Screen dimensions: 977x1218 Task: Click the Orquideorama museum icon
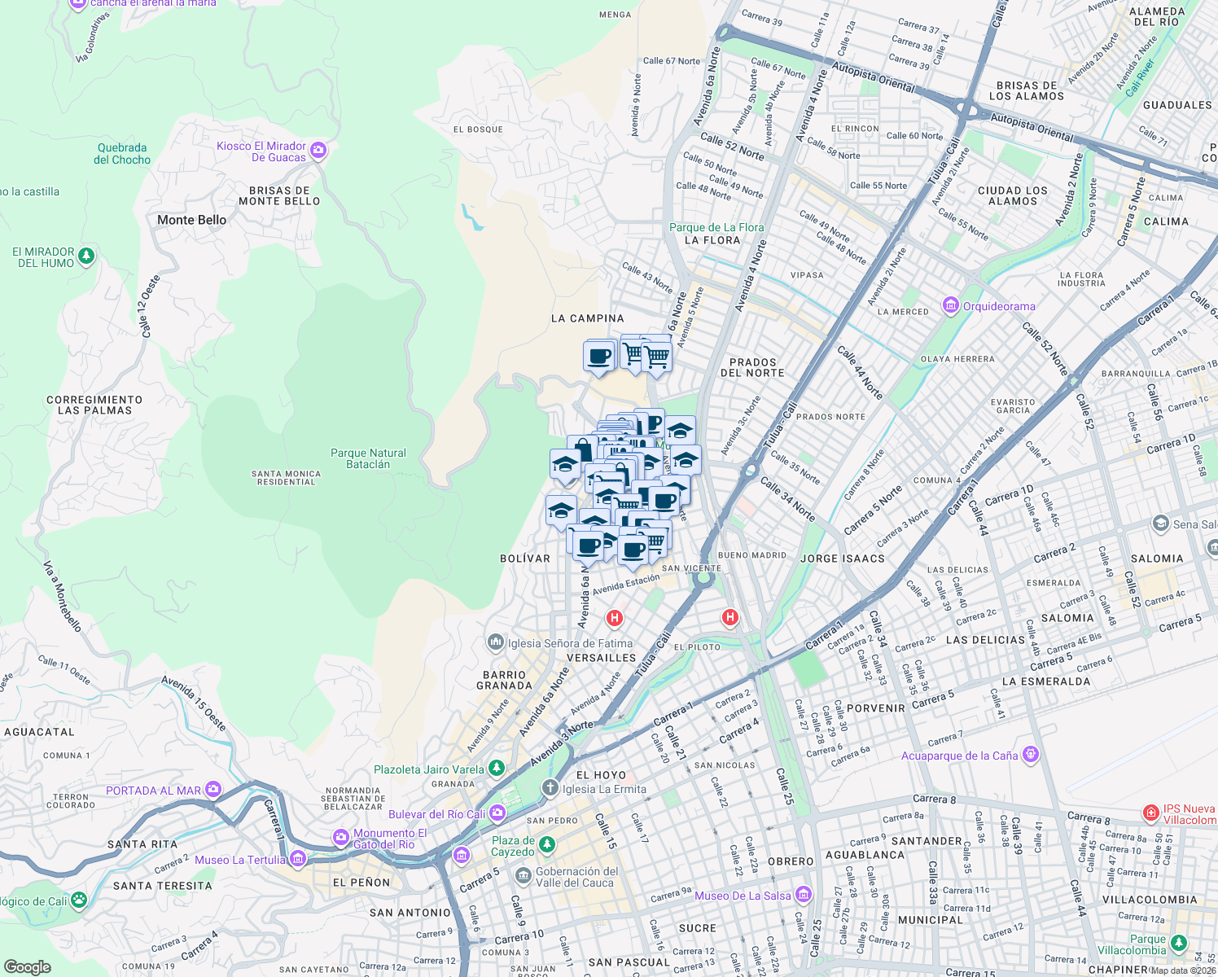point(950,306)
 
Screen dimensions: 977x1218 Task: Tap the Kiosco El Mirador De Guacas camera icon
point(318,150)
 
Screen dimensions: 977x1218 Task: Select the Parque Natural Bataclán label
point(368,458)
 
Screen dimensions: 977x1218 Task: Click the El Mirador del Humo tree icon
point(86,256)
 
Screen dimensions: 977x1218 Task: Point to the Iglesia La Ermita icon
point(550,788)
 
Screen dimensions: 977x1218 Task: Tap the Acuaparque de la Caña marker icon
point(1031,755)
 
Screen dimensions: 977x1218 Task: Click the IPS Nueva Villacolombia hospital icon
point(1150,813)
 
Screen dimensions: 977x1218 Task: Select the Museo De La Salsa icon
point(804,895)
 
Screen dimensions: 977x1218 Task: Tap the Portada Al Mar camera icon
point(213,789)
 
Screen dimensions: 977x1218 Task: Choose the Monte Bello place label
point(191,220)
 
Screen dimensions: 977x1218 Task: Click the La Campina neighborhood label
point(587,318)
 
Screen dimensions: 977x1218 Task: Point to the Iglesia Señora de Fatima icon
point(495,642)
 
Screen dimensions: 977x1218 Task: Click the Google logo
point(27,966)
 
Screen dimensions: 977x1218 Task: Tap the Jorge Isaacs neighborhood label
point(842,559)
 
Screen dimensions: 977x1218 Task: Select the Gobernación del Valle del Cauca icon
point(523,876)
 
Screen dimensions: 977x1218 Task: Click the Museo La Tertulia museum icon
point(298,859)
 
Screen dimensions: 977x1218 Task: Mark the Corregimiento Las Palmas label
point(94,405)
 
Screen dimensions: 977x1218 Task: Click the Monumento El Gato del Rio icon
point(340,837)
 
